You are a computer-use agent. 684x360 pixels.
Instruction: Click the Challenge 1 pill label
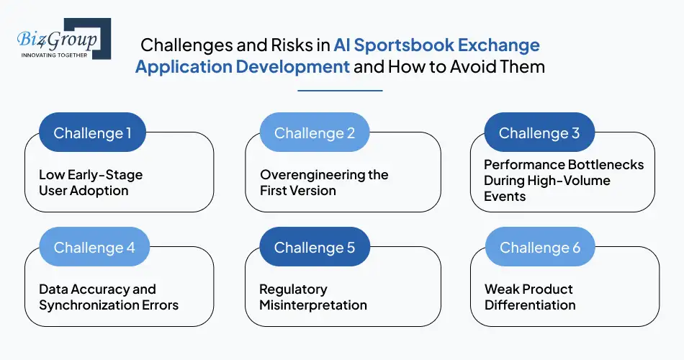coord(93,132)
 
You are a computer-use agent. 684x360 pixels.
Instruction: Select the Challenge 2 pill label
coord(314,132)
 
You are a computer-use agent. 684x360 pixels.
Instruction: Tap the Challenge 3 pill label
coord(539,132)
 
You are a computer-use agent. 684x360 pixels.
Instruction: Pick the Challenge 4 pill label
coord(94,247)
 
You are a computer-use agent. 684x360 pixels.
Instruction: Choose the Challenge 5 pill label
coord(314,247)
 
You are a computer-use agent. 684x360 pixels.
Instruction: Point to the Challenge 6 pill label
coord(539,247)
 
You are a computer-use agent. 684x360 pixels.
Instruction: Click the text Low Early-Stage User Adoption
coord(90,183)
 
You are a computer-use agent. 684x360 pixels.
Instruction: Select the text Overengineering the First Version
coord(323,183)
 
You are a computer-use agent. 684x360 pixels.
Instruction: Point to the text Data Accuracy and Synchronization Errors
coord(108,297)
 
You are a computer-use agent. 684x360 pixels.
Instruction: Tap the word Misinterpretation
coord(312,305)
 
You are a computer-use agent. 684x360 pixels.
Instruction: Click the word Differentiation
coord(529,305)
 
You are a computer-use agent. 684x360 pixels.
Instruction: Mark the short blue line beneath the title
coord(340,91)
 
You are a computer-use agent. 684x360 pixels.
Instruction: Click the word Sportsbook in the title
coord(403,45)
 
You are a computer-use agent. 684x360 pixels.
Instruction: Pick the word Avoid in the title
coord(472,68)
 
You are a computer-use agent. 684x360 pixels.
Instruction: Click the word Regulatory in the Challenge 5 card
coord(293,289)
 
